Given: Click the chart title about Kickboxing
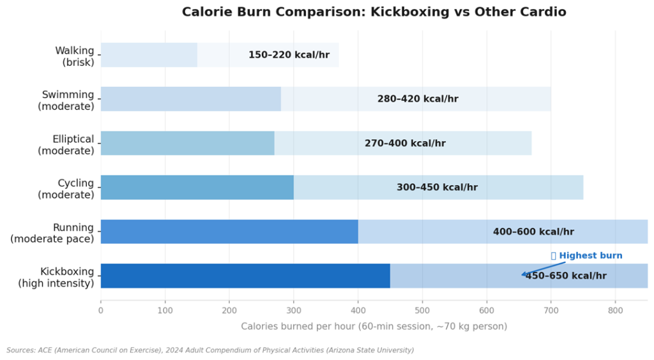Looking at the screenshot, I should pyautogui.click(x=374, y=12).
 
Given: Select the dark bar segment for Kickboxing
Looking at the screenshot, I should pyautogui.click(x=245, y=276).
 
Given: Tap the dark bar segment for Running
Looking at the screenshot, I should pyautogui.click(x=229, y=232).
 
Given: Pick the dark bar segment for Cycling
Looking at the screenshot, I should pyautogui.click(x=197, y=188).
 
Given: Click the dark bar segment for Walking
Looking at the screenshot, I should pyautogui.click(x=149, y=55).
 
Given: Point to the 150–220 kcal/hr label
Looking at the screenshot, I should pyautogui.click(x=289, y=55).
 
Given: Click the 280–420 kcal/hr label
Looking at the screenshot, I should pyautogui.click(x=418, y=99).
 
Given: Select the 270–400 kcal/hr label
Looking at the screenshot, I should pyautogui.click(x=405, y=144).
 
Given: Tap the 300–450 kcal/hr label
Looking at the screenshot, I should pyautogui.click(x=437, y=188).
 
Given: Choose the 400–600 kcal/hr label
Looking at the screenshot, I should pyautogui.click(x=533, y=232).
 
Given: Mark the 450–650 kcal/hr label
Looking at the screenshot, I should pyautogui.click(x=566, y=276).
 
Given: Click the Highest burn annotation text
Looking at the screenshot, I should pyautogui.click(x=590, y=256).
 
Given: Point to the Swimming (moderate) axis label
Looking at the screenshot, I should pyautogui.click(x=67, y=100).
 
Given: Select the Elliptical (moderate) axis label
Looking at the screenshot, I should pyautogui.click(x=67, y=144).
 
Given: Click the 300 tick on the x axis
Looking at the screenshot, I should pyautogui.click(x=294, y=311).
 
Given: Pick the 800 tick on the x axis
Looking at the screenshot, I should pyautogui.click(x=615, y=311).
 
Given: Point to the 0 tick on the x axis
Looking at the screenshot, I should pyautogui.click(x=101, y=311).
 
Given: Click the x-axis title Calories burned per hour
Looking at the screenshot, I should pyautogui.click(x=374, y=327).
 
